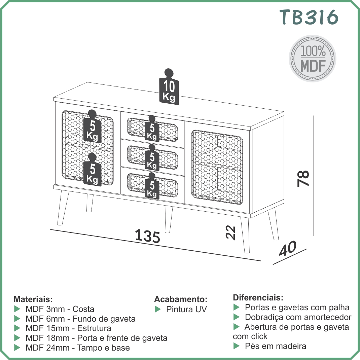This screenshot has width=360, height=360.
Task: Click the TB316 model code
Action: (309, 17)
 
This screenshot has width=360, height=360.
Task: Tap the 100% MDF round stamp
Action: (312, 59)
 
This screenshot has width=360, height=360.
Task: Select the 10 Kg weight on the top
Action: (169, 87)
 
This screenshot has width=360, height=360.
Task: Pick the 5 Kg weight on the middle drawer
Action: (152, 157)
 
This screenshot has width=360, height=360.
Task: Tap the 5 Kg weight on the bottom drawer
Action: (152, 186)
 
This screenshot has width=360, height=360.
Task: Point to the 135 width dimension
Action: (147, 236)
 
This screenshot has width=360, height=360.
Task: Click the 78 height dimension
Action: (303, 178)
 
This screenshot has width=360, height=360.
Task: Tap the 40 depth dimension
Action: (288, 248)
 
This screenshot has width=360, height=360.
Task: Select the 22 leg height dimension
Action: (230, 232)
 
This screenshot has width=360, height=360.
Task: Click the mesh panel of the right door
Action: (217, 167)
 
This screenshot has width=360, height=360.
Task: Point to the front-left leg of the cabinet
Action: (63, 208)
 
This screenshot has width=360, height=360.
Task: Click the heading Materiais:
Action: (33, 299)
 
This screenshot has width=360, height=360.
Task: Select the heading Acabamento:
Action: (181, 299)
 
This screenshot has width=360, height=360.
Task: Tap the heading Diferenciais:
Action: (258, 297)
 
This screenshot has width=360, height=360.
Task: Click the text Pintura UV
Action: (186, 309)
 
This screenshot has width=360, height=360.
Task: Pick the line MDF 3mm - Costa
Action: (60, 309)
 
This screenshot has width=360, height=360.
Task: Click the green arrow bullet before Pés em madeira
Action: (236, 346)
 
